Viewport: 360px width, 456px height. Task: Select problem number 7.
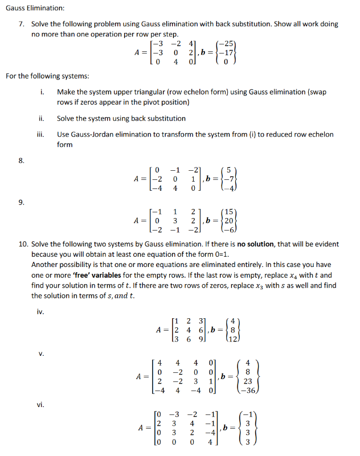pyautogui.click(x=22, y=24)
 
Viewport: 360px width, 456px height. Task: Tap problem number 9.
pyautogui.click(x=22, y=200)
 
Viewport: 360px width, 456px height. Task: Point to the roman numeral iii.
pyautogui.click(x=40, y=134)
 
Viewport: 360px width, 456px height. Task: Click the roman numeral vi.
pyautogui.click(x=40, y=405)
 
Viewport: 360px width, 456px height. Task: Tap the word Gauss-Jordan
pyautogui.click(x=88, y=134)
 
